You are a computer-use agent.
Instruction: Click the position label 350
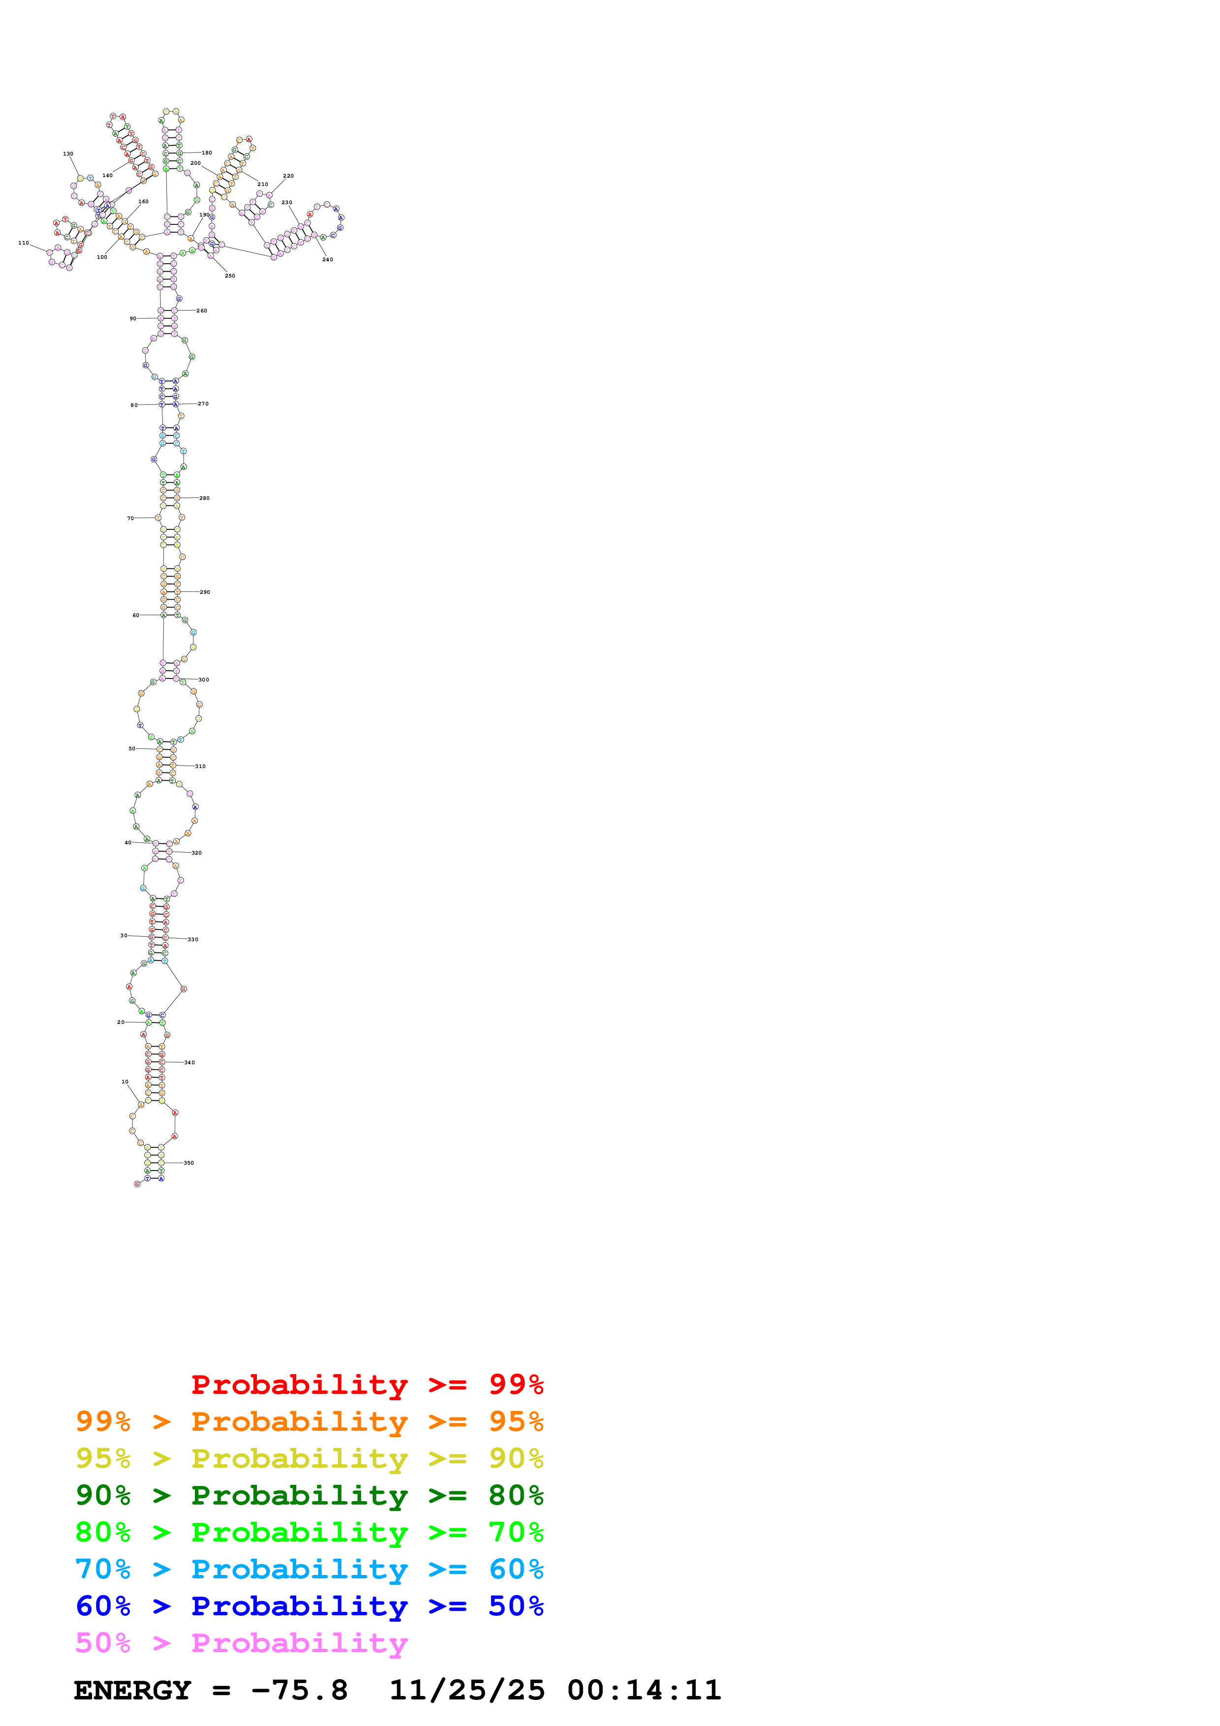point(188,1163)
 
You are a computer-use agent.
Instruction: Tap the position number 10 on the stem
point(125,1082)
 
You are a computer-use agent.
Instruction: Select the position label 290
point(204,592)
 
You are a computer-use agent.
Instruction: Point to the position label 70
point(130,518)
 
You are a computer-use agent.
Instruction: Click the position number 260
point(201,310)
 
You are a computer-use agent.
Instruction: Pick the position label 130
point(67,154)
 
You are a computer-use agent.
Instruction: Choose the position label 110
point(23,243)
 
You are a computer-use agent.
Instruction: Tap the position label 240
point(328,259)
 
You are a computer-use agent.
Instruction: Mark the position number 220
point(288,176)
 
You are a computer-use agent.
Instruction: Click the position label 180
point(207,153)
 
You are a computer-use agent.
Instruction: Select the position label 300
point(204,679)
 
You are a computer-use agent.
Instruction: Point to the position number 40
point(128,843)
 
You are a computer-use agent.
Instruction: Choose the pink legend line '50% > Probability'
point(241,1643)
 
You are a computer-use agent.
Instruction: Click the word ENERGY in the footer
point(132,1691)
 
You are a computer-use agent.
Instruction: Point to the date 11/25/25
point(467,1691)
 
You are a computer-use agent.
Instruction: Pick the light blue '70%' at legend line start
point(103,1570)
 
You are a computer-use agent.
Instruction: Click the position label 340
point(189,1062)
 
